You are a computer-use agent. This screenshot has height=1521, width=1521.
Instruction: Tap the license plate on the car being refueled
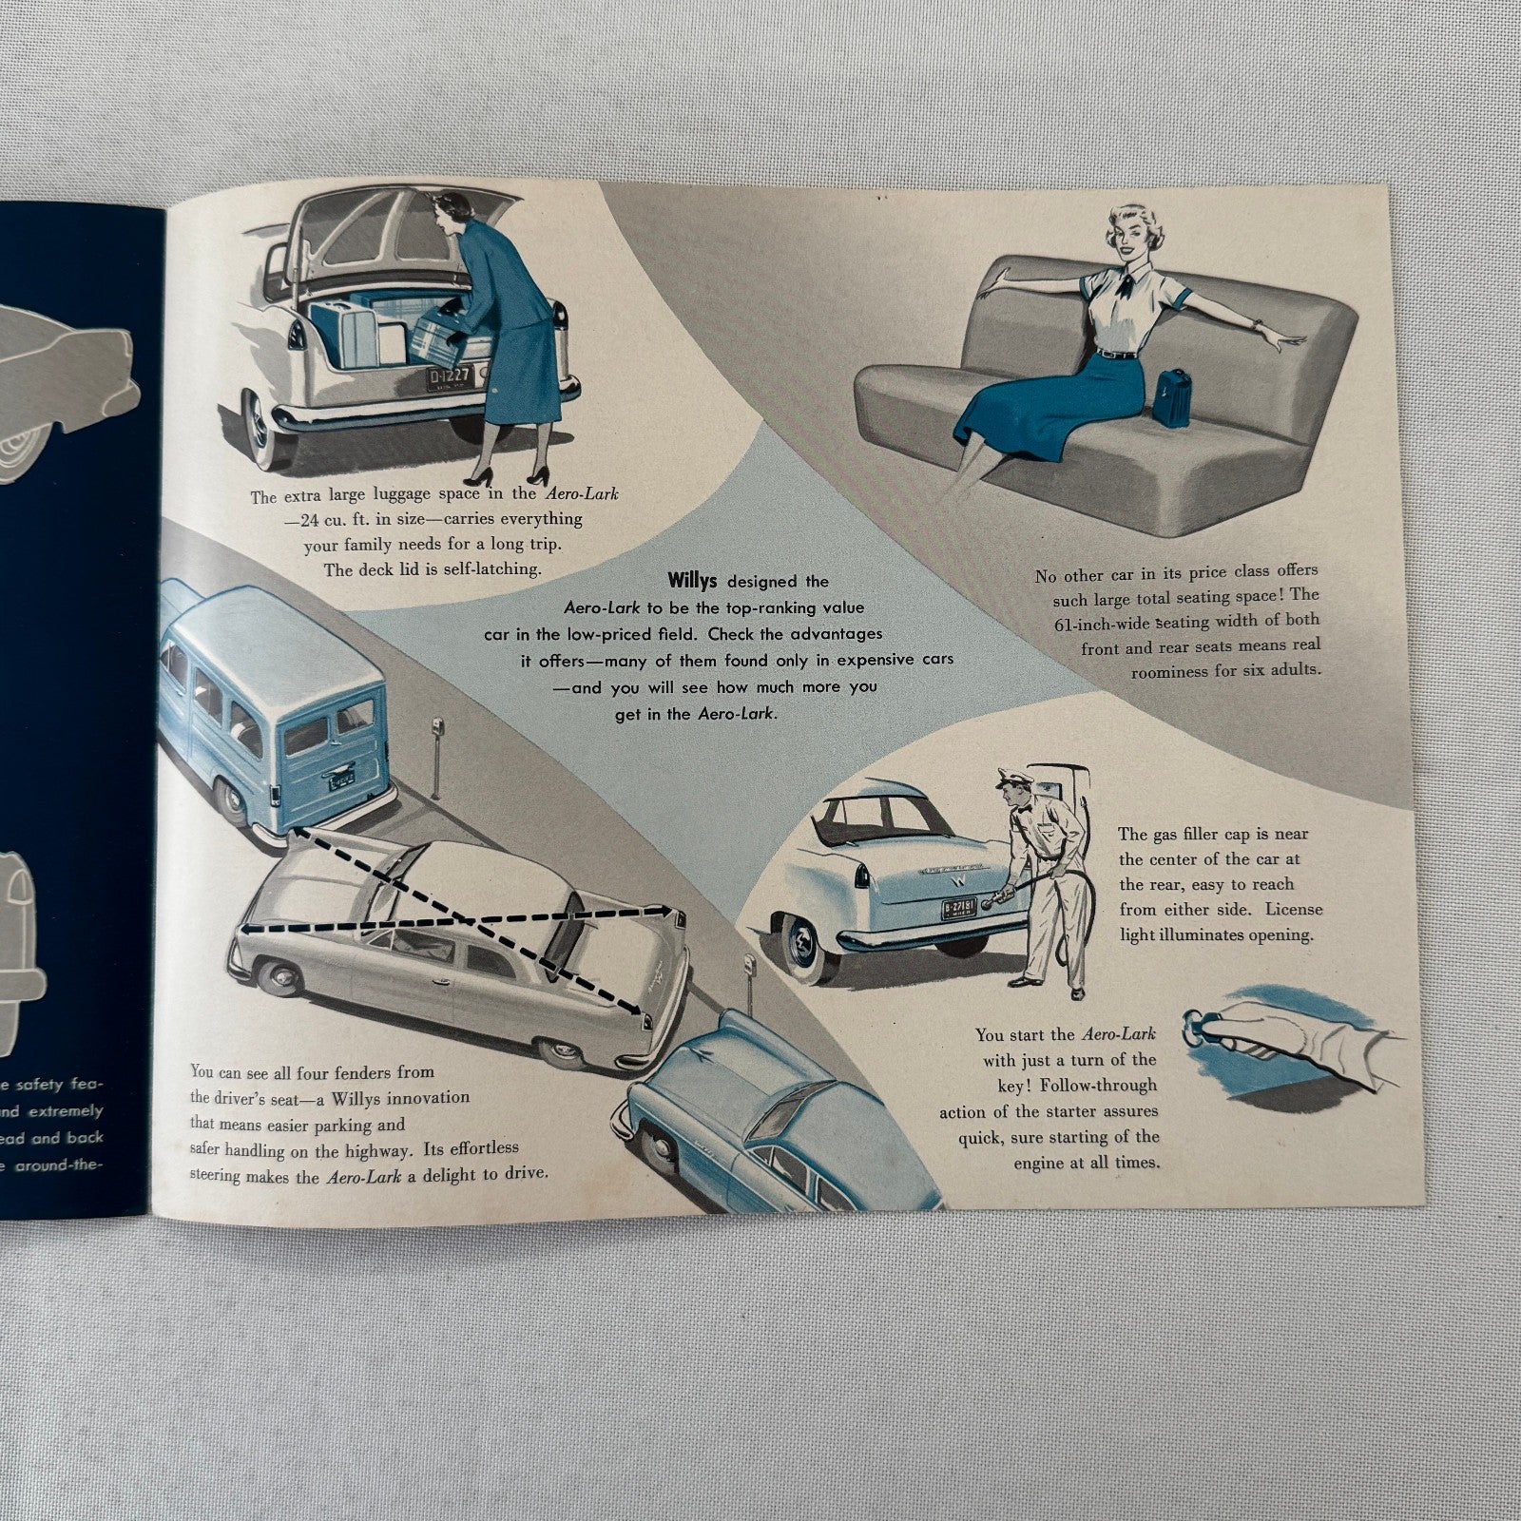(x=957, y=909)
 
